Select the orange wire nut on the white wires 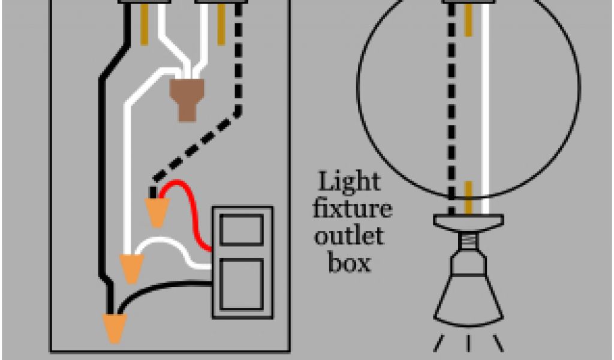tap(131, 268)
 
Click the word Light tap(348, 182)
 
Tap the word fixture tap(354, 209)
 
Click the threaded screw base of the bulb tap(468, 244)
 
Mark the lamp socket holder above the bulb tap(468, 223)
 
